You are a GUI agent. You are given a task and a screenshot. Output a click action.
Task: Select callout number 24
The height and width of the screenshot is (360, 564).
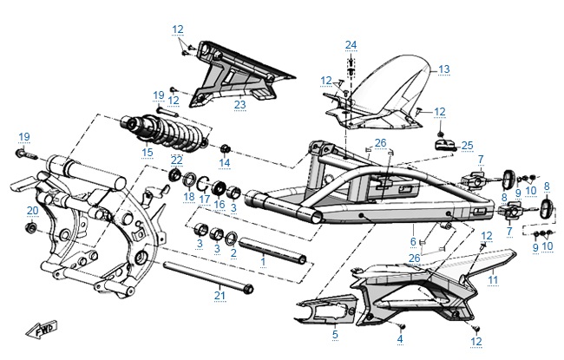[x=351, y=45]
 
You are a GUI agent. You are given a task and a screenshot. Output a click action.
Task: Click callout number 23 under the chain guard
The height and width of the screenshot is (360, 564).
[x=240, y=105]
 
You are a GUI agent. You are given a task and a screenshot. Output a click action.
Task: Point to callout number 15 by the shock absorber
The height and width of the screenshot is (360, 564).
[x=147, y=153]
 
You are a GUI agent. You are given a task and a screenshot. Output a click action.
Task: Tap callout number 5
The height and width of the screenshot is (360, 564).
[x=335, y=333]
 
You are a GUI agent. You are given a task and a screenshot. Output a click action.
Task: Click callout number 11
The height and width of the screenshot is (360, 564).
[x=493, y=280]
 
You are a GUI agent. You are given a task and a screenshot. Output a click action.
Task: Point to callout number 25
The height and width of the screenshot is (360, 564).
[x=467, y=144]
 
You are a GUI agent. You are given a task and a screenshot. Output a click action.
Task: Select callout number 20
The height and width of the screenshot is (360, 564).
[x=32, y=211]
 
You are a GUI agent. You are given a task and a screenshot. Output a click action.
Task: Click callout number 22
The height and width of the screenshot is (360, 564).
[x=176, y=160]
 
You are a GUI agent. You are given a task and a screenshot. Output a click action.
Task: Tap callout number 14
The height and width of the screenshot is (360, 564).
[x=224, y=162]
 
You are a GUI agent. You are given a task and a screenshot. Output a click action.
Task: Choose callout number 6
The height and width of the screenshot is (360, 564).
[x=413, y=241]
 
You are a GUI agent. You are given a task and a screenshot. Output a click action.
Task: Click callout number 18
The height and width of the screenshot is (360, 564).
[x=188, y=197]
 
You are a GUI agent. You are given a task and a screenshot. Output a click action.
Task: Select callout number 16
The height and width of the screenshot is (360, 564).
[x=219, y=205]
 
